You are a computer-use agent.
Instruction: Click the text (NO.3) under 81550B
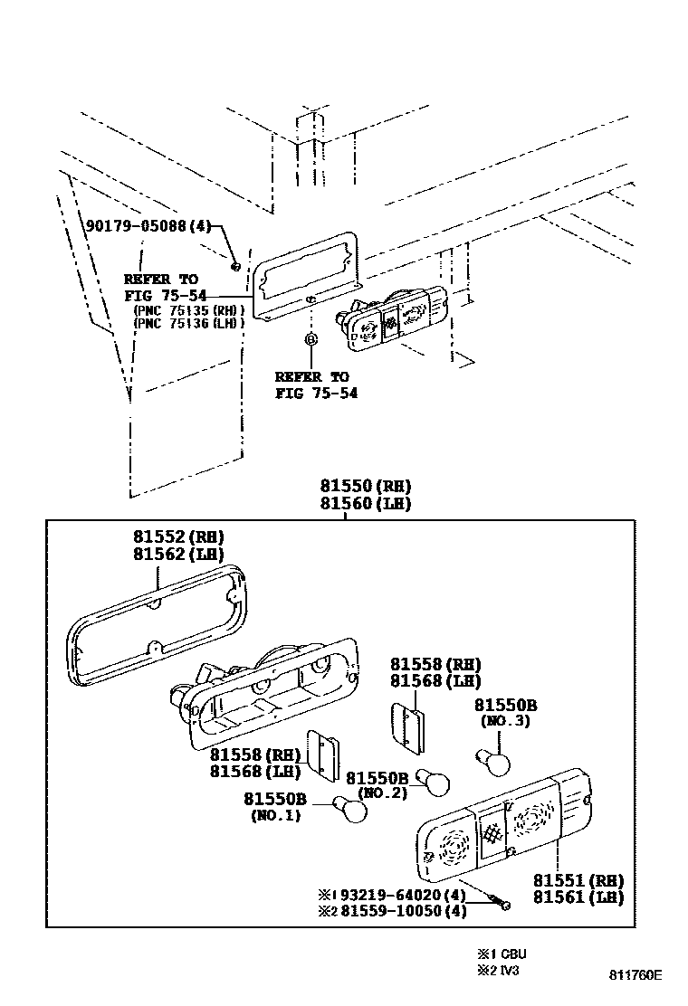[x=505, y=722]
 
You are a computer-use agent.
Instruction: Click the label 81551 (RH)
[x=578, y=880]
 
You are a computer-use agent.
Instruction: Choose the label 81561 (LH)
[x=578, y=897]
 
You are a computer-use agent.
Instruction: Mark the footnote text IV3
[x=509, y=971]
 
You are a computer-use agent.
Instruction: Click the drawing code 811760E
[x=635, y=975]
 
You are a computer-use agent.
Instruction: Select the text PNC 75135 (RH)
[x=188, y=309]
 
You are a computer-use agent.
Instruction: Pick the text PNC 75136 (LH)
[x=188, y=322]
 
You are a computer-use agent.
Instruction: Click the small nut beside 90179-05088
[x=235, y=265]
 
